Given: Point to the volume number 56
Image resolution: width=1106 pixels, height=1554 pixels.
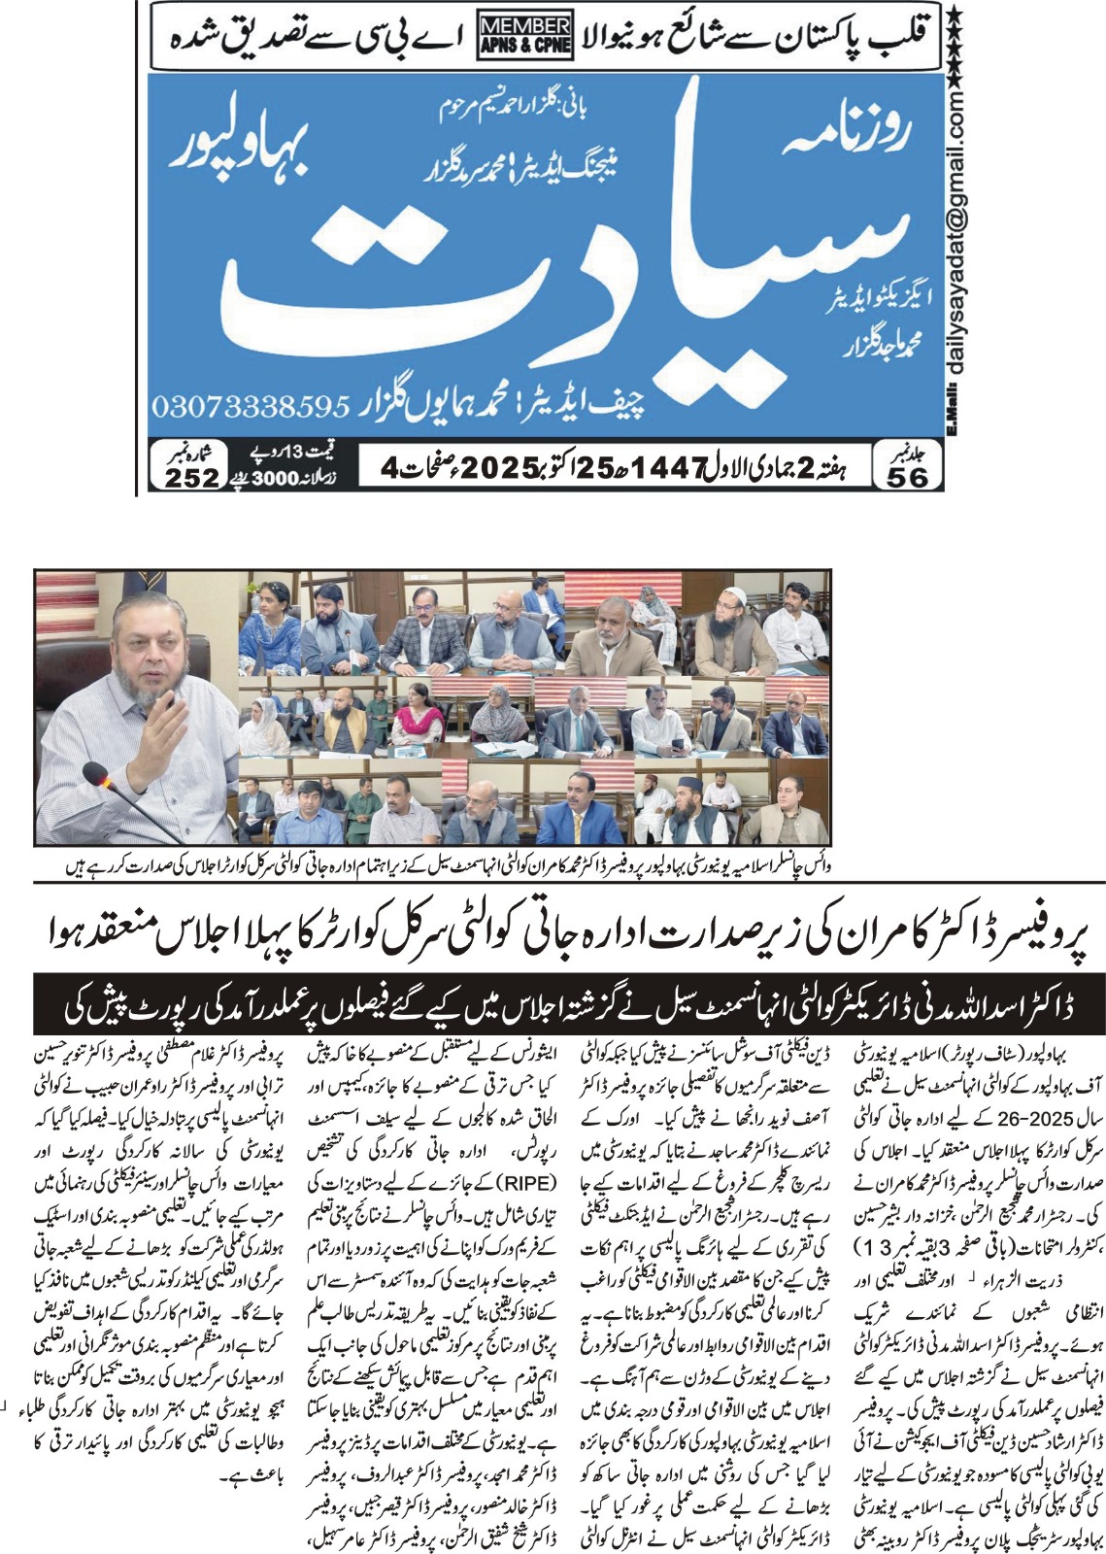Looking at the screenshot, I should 907,476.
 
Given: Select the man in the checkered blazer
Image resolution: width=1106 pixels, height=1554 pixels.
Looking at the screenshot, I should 423,631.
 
